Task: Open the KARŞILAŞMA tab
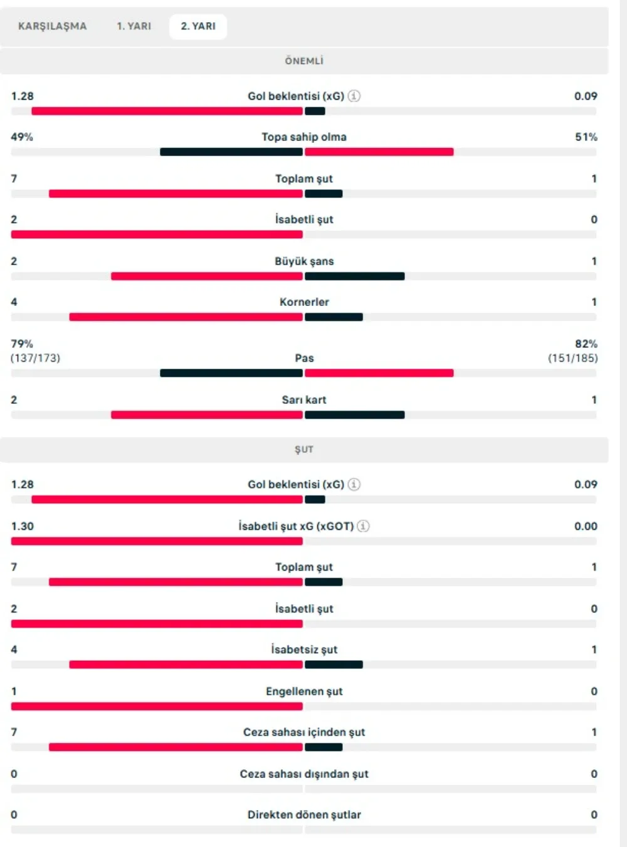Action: point(53,26)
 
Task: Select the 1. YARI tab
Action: point(134,26)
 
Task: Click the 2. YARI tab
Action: point(198,26)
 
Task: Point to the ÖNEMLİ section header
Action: point(304,61)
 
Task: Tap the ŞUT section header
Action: point(304,450)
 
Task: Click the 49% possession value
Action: point(22,137)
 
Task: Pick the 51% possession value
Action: point(586,137)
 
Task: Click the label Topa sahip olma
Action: point(304,137)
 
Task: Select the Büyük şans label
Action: point(304,261)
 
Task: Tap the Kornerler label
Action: point(304,302)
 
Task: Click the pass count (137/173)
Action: point(35,358)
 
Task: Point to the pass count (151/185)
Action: point(573,358)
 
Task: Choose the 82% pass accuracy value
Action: point(586,344)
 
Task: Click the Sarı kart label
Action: point(304,399)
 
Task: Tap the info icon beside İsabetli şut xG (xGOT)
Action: point(363,526)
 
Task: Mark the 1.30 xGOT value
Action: point(23,526)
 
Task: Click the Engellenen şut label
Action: point(304,691)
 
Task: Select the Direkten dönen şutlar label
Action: point(304,814)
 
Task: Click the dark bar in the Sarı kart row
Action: point(354,414)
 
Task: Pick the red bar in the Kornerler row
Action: point(186,317)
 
